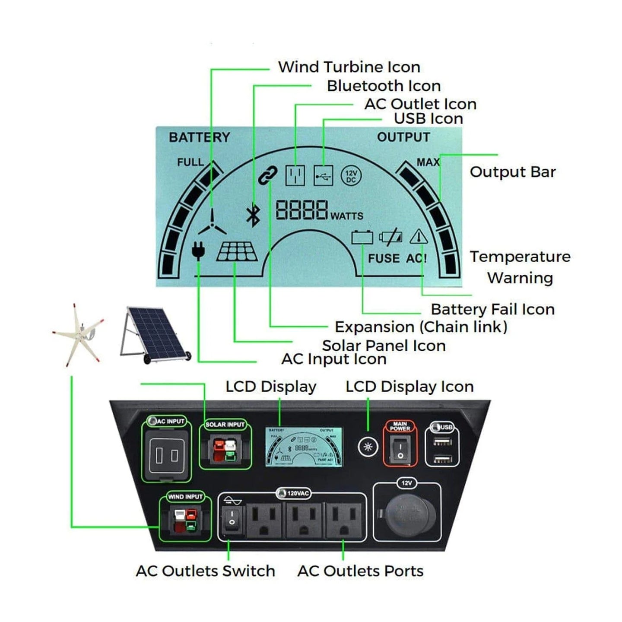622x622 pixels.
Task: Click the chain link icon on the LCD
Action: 268,175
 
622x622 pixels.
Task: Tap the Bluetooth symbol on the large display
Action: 253,215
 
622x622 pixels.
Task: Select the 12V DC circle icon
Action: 351,176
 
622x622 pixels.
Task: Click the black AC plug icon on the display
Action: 198,250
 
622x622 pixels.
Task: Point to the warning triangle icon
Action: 418,237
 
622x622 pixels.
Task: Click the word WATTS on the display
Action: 346,216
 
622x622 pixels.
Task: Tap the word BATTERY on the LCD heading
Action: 199,137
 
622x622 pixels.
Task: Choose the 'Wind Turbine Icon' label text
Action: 349,67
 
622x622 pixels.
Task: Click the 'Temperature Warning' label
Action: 520,267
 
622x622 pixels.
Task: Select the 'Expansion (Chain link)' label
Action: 421,327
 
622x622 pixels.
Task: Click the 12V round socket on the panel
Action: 407,516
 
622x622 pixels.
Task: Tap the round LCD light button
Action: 368,446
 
